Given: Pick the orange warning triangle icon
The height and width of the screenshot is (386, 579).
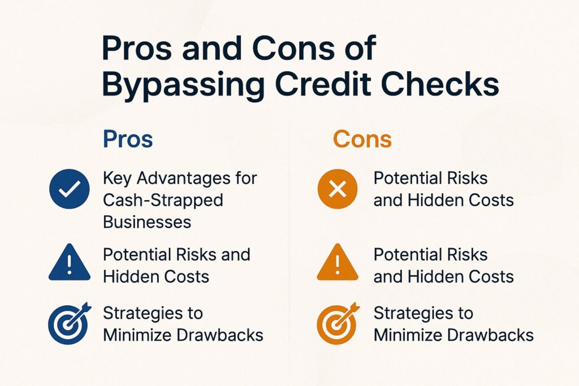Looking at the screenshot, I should click(338, 263).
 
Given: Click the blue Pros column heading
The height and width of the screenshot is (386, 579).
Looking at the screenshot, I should click(128, 140).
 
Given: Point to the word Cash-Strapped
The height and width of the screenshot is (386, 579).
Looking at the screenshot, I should click(163, 200).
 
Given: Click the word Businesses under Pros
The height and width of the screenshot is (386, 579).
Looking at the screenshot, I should click(147, 222).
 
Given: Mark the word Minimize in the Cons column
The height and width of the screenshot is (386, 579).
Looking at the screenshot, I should click(408, 335).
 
